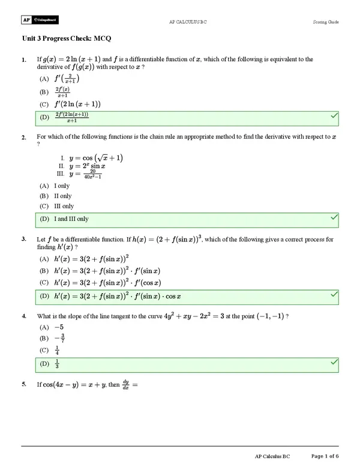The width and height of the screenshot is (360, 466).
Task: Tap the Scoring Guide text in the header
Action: (326, 22)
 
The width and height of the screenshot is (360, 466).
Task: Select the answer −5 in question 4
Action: (58, 327)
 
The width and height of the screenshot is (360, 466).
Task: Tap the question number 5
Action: (23, 384)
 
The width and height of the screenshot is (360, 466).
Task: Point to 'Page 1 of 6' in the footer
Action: (324, 457)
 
